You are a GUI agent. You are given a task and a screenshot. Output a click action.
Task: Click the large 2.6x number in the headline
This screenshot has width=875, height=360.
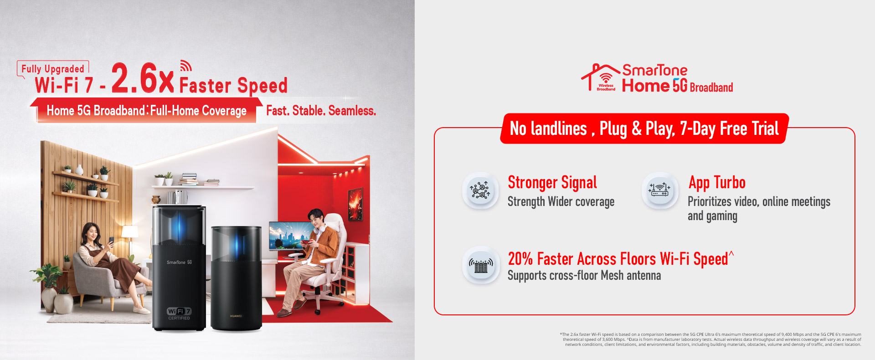click(143, 78)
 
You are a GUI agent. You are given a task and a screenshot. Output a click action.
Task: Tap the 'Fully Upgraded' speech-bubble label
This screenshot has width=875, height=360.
click(53, 69)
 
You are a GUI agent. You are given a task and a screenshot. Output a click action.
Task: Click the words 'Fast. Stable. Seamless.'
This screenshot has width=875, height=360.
click(321, 111)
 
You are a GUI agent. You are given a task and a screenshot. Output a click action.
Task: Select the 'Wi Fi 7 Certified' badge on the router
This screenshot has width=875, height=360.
click(179, 314)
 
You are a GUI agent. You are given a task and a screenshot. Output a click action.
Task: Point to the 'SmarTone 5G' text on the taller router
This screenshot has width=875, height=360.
click(179, 262)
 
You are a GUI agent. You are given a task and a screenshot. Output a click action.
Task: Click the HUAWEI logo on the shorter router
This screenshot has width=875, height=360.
click(236, 316)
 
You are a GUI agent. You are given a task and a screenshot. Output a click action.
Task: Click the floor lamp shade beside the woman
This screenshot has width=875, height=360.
click(130, 232)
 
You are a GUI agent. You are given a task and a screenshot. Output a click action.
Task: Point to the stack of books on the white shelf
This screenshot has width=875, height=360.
click(189, 179)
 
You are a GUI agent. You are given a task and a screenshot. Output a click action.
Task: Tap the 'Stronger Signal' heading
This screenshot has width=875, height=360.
click(552, 183)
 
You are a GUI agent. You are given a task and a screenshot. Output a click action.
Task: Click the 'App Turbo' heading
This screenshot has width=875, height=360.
click(717, 183)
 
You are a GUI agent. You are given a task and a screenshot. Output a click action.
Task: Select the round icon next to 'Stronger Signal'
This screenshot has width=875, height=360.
click(480, 190)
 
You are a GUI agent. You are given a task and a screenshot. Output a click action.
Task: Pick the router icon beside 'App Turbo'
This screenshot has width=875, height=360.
click(660, 190)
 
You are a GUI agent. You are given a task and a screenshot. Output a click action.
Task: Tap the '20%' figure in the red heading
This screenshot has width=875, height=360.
click(520, 259)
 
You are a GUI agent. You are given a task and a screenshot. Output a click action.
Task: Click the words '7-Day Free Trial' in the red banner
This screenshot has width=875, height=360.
click(729, 129)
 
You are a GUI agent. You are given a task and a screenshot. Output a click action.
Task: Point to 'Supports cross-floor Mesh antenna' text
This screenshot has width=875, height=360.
click(584, 276)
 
